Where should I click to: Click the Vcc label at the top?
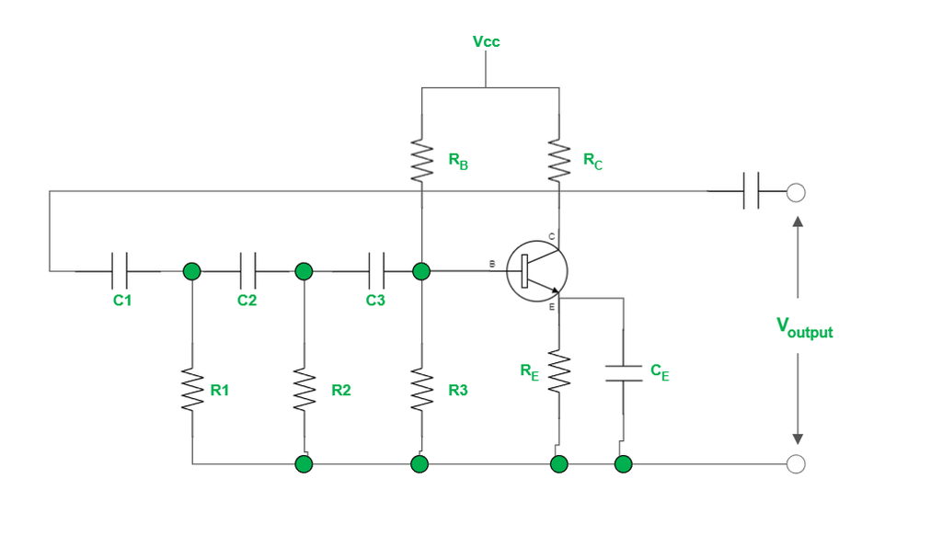point(486,42)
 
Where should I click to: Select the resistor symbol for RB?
point(421,160)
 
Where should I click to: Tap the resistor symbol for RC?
point(558,160)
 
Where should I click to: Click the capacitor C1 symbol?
point(119,271)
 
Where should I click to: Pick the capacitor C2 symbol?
point(247,271)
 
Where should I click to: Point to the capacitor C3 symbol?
point(376,271)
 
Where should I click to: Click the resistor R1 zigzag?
point(192,390)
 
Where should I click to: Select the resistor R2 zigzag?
point(304,390)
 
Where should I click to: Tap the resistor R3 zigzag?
point(421,390)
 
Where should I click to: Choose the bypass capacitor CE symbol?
point(624,372)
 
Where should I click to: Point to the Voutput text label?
point(804,327)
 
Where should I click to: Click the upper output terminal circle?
point(797,192)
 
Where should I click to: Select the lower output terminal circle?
point(797,464)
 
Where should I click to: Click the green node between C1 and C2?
point(192,271)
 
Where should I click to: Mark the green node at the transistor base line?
point(421,271)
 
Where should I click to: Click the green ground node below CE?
point(624,464)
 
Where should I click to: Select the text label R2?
point(341,391)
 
